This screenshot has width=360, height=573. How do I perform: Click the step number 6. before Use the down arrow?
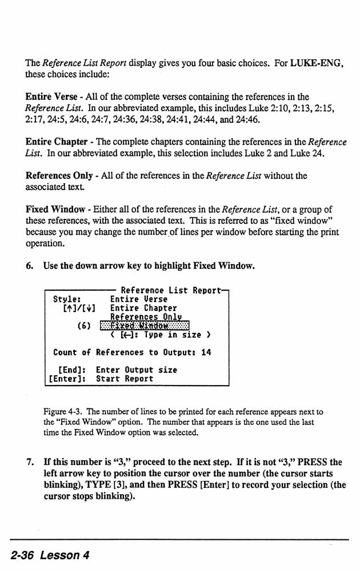pos(31,265)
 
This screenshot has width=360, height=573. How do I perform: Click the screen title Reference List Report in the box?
pos(170,290)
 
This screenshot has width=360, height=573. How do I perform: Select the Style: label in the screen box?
pos(66,299)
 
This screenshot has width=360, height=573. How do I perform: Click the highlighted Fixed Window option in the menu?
pos(144,326)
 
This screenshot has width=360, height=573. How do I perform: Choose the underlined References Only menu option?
pos(146,316)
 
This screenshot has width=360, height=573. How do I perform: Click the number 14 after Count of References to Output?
pos(206,352)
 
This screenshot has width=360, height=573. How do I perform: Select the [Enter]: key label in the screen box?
pos(67,378)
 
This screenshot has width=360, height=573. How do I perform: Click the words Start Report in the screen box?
pos(125,378)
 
